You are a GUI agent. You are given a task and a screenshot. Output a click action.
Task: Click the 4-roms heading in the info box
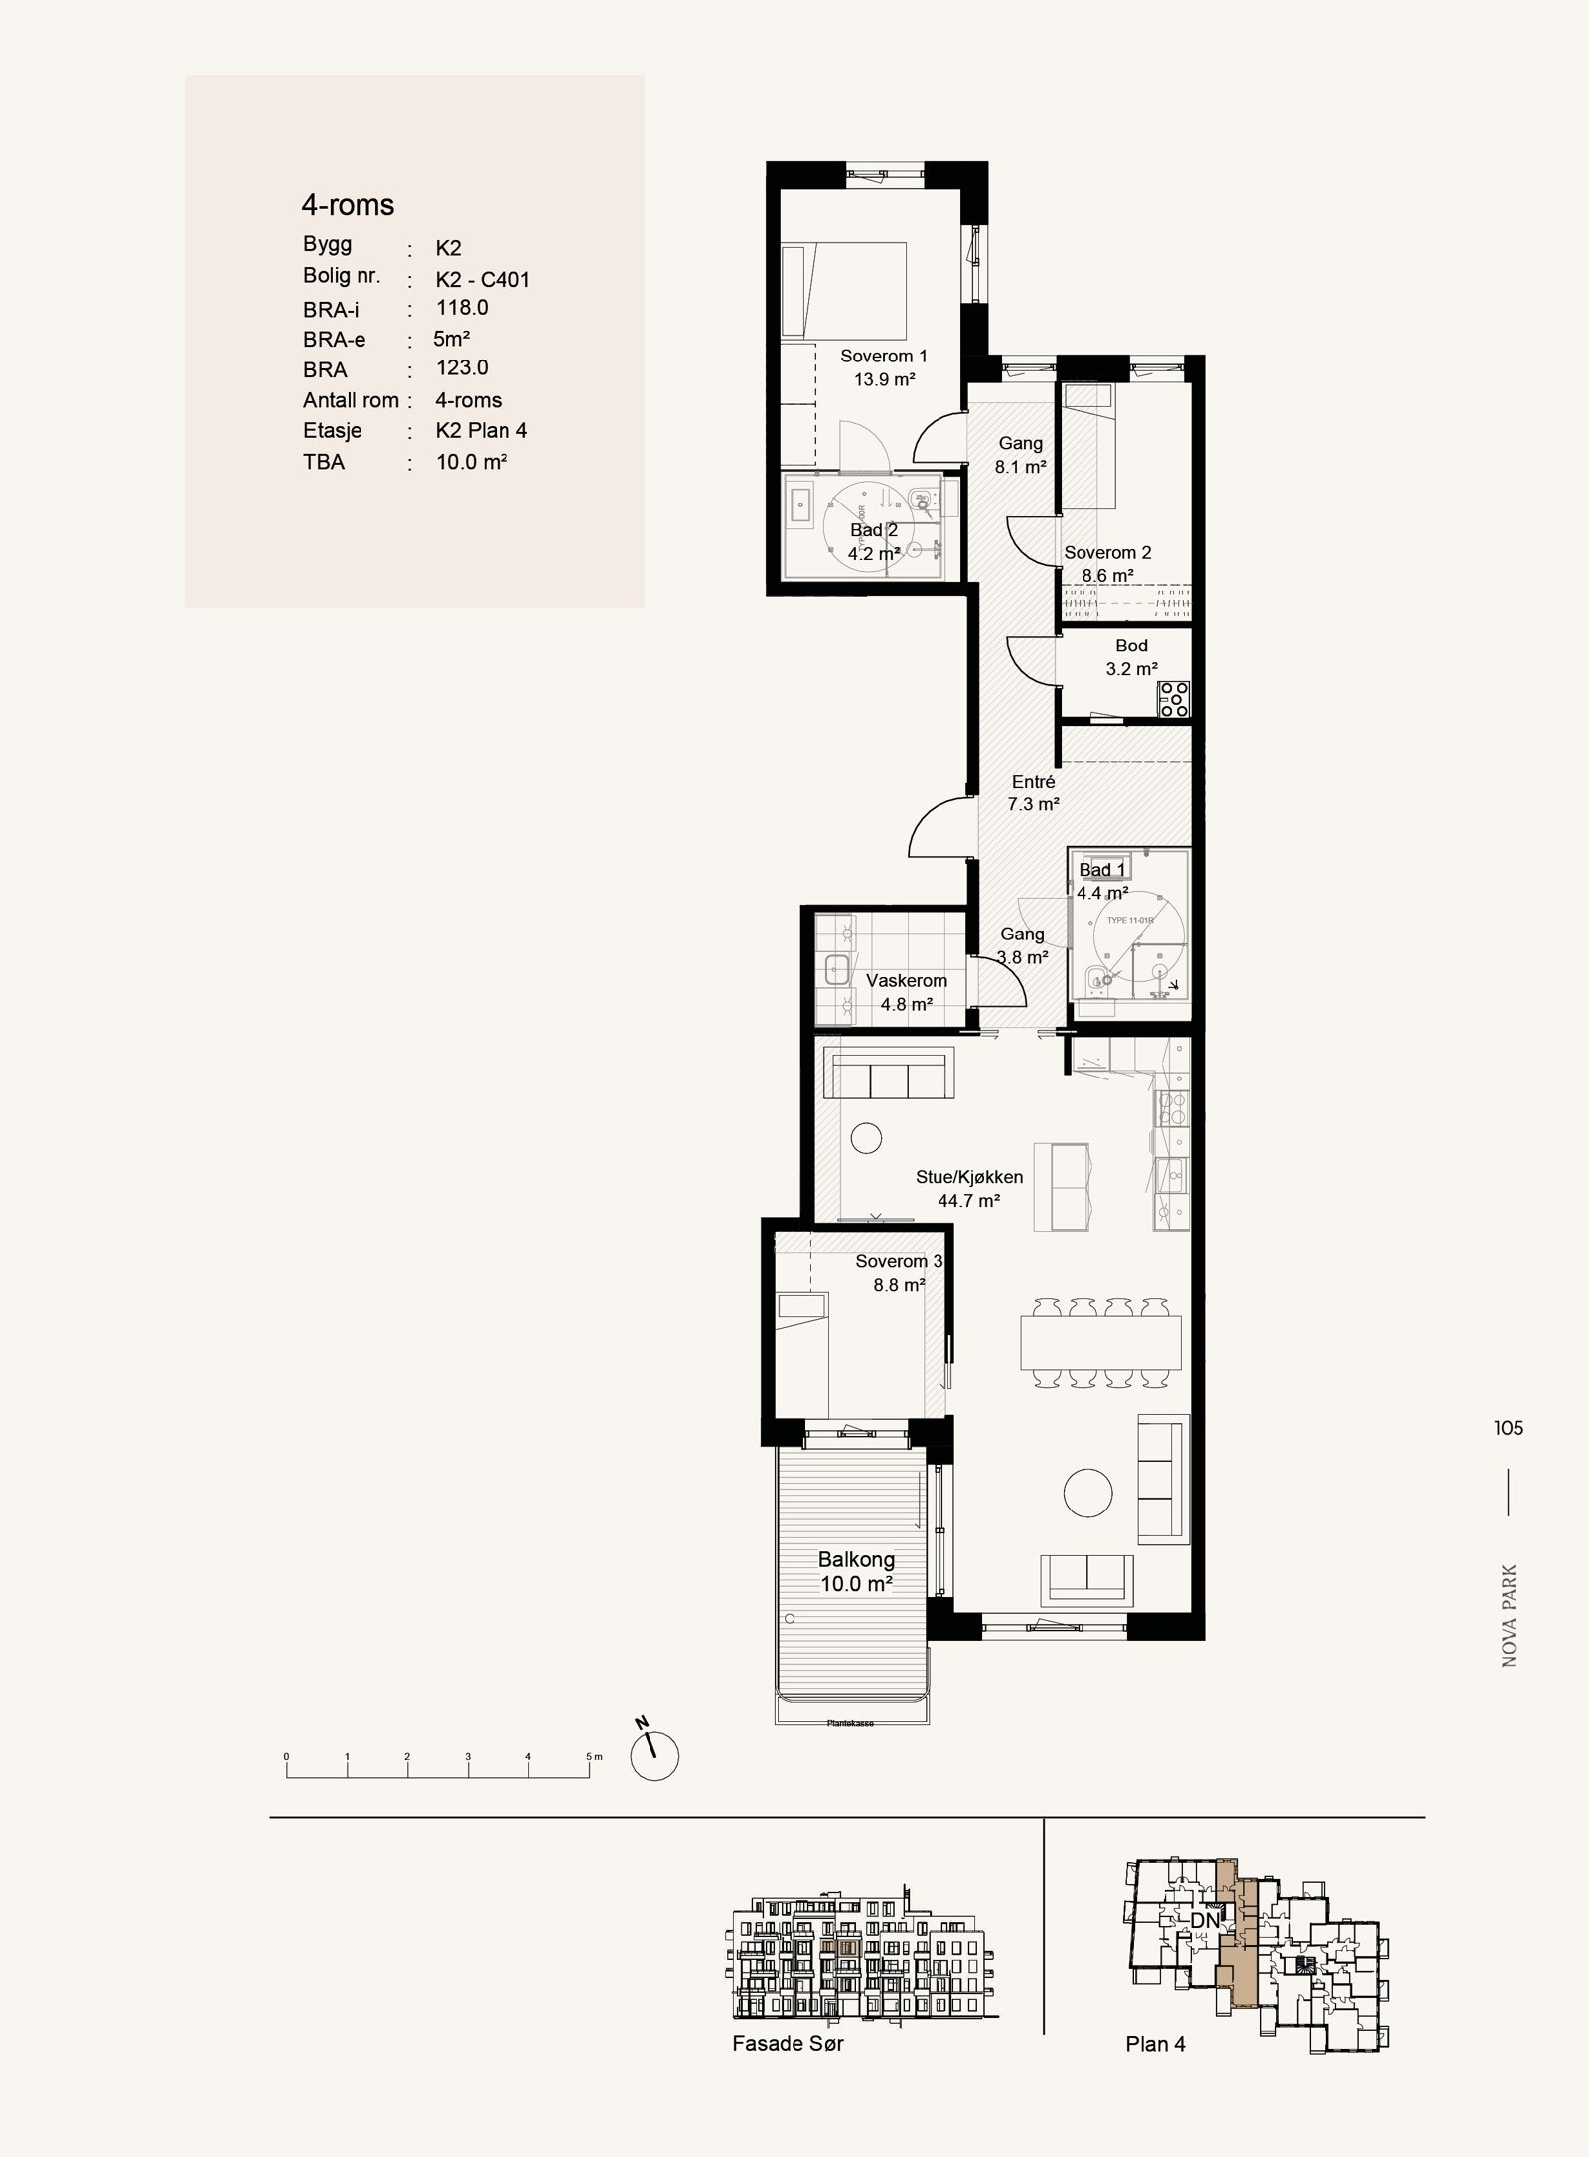(348, 205)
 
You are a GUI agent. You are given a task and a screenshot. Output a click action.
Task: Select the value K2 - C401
(483, 279)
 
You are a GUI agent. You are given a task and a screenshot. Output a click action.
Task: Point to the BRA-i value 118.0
(462, 308)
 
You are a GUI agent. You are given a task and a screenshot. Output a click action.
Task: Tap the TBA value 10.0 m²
(472, 462)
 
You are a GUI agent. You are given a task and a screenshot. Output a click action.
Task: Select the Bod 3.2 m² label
(1131, 657)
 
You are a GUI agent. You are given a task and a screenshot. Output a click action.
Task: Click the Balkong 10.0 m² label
(856, 1571)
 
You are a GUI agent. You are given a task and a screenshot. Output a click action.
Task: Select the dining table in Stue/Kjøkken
(1100, 1343)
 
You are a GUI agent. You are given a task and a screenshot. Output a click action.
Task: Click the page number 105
(1508, 1428)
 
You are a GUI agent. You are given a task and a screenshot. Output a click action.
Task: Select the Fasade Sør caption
(788, 2043)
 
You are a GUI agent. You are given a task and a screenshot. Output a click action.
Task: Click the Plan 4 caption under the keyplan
(1155, 2044)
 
